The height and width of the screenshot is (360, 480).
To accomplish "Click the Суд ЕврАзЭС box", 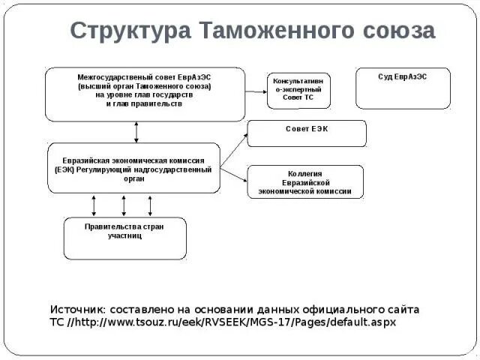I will pos(403,88).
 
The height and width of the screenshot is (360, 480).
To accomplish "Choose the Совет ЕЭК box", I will pos(307,133).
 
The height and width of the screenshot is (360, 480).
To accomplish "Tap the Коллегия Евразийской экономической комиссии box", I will pos(305,182).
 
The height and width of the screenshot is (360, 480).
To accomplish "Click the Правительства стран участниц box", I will pos(124,238).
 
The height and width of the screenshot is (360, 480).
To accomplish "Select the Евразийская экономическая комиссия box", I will pos(133,169).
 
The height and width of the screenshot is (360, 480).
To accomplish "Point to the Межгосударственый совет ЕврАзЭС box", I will pos(145,94).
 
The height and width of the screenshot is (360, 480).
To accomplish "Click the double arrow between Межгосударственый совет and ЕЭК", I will pos(136,132).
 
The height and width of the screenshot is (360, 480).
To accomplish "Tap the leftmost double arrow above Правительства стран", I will pos(94,205).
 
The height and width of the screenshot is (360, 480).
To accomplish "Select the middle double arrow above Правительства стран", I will pos(124,205).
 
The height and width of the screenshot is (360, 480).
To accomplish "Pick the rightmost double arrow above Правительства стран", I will pos(150,205).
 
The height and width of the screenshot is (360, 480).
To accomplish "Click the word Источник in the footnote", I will pos(77,309).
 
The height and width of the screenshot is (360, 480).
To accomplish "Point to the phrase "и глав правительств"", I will pos(144,104).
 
